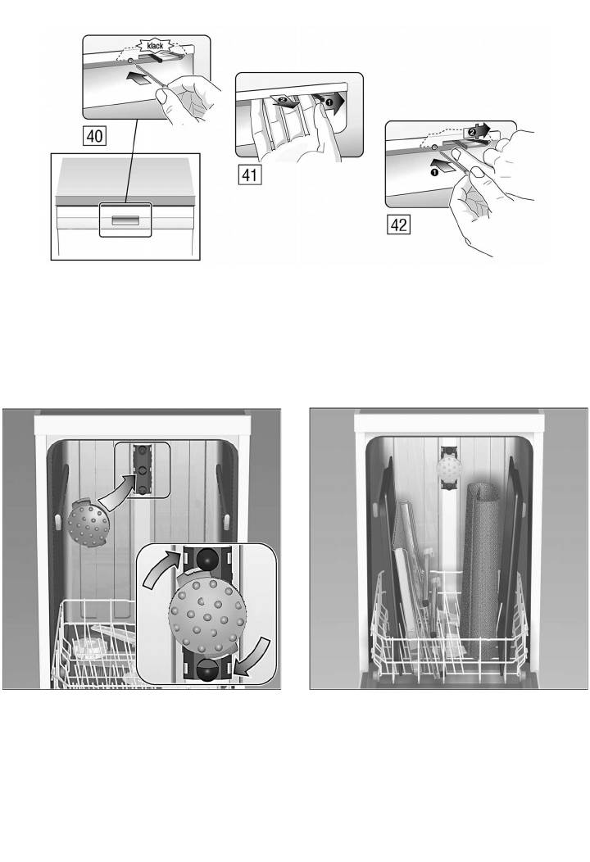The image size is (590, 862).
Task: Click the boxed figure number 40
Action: (x=94, y=135)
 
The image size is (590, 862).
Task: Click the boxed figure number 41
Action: (x=250, y=175)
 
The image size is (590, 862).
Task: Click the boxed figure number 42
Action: (x=398, y=225)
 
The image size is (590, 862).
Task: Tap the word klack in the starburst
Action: (x=156, y=46)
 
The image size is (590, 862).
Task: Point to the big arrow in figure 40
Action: (x=138, y=79)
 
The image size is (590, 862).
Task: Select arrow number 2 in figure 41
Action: (x=286, y=101)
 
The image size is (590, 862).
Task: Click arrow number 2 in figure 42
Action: (x=476, y=131)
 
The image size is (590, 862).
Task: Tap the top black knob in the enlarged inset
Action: (x=208, y=559)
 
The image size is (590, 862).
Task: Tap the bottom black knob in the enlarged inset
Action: (x=208, y=670)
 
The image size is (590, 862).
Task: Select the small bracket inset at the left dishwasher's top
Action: (x=143, y=470)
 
